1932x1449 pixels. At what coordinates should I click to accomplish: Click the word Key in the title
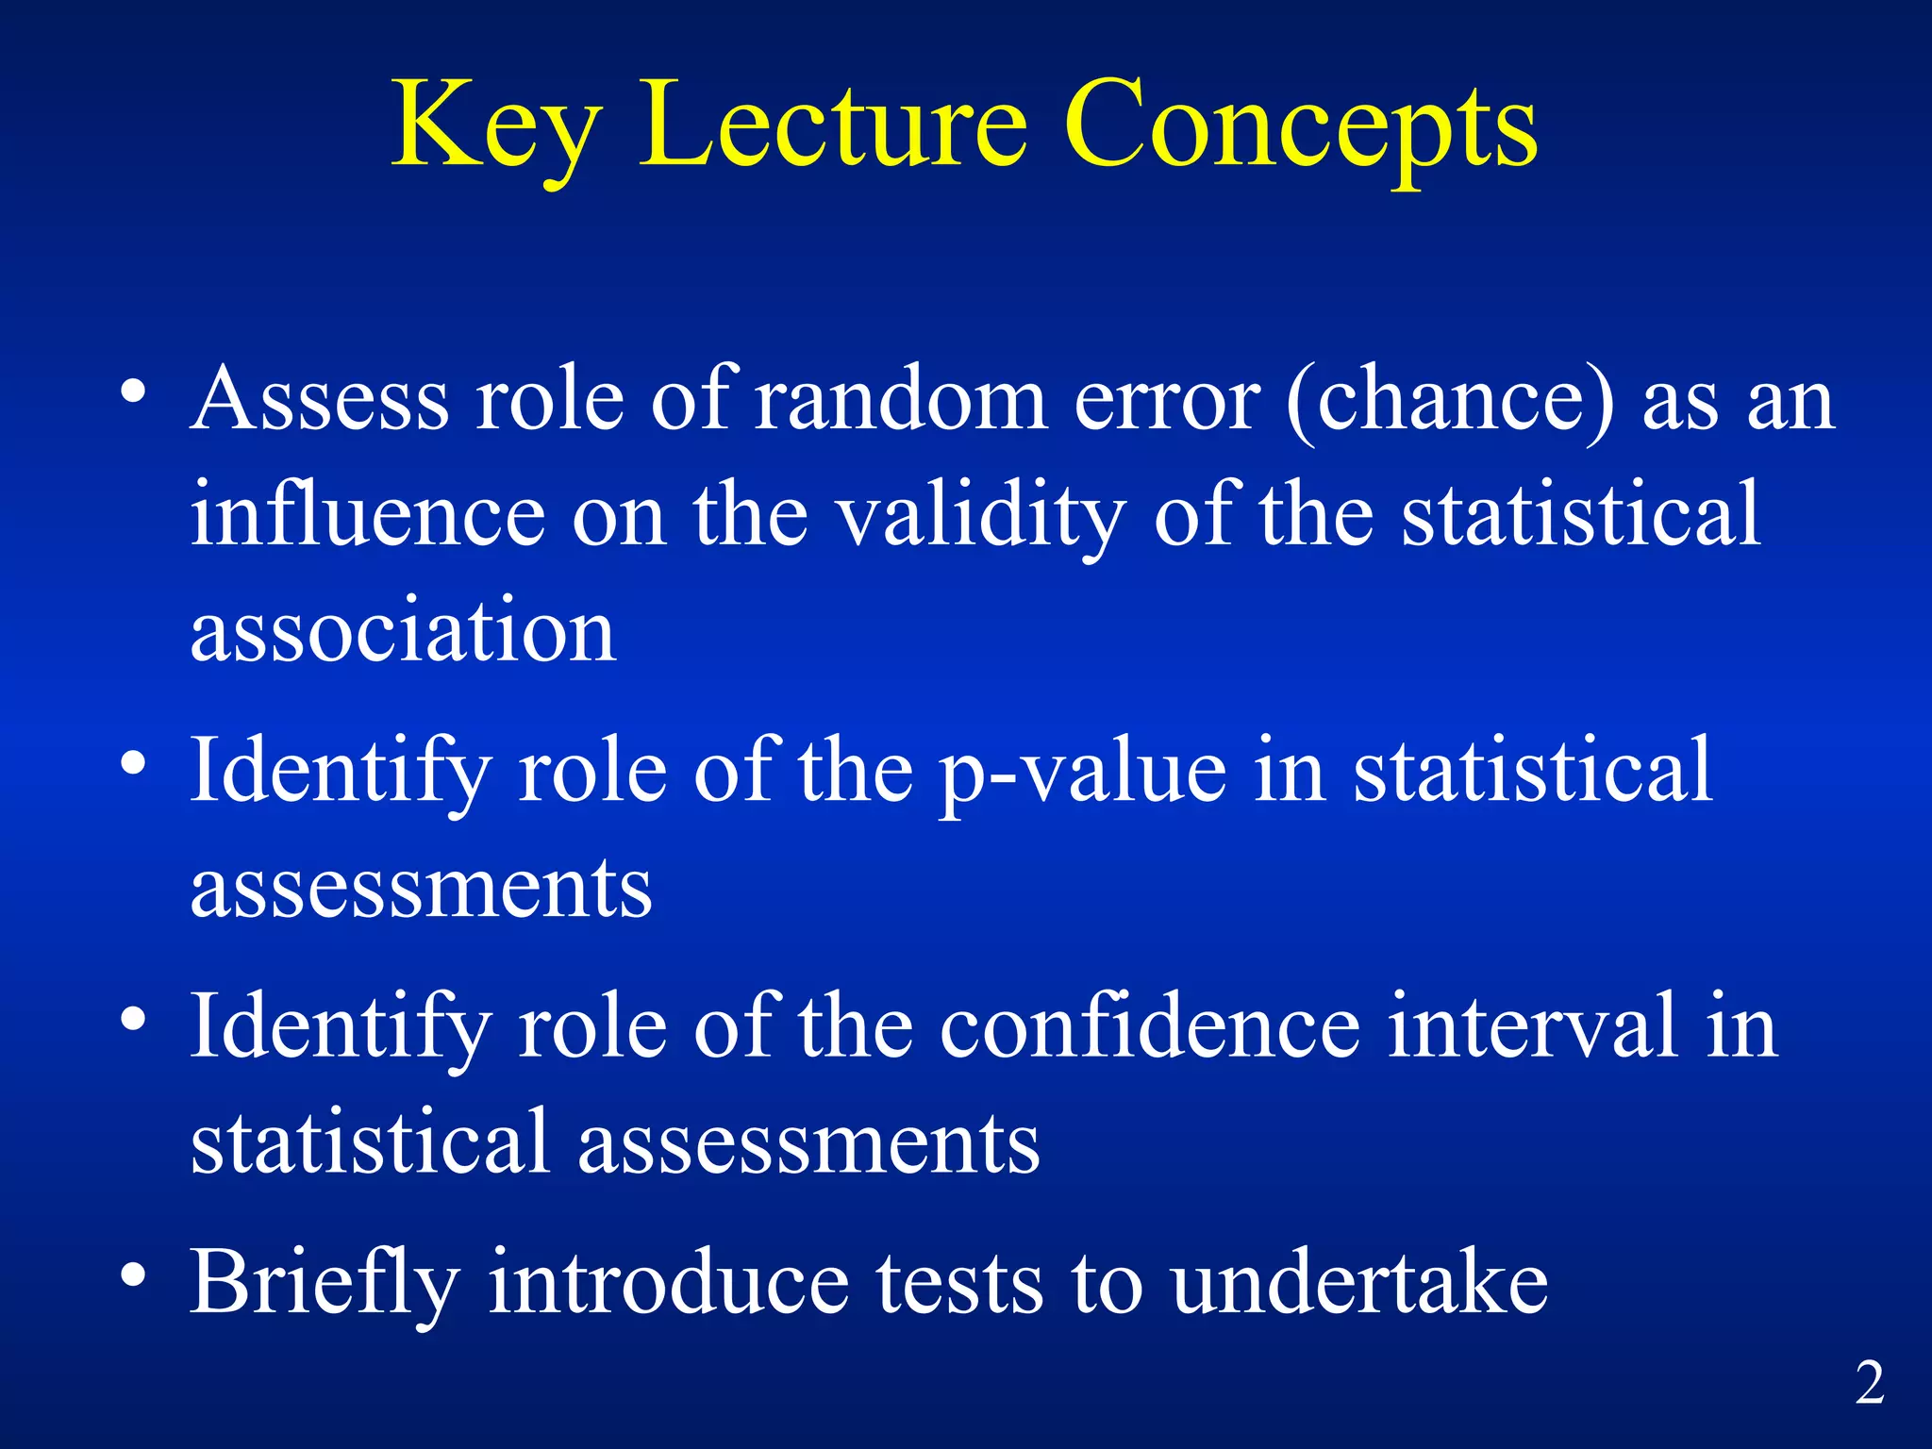click(x=496, y=127)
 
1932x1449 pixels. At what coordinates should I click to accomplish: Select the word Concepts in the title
click(x=1301, y=127)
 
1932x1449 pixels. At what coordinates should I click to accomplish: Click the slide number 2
click(x=1870, y=1384)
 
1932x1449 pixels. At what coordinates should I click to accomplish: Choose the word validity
click(x=982, y=517)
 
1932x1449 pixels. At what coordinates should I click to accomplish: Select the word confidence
click(x=1150, y=1027)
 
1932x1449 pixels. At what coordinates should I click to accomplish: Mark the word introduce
click(x=669, y=1283)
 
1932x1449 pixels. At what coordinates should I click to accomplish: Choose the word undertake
click(x=1359, y=1283)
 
